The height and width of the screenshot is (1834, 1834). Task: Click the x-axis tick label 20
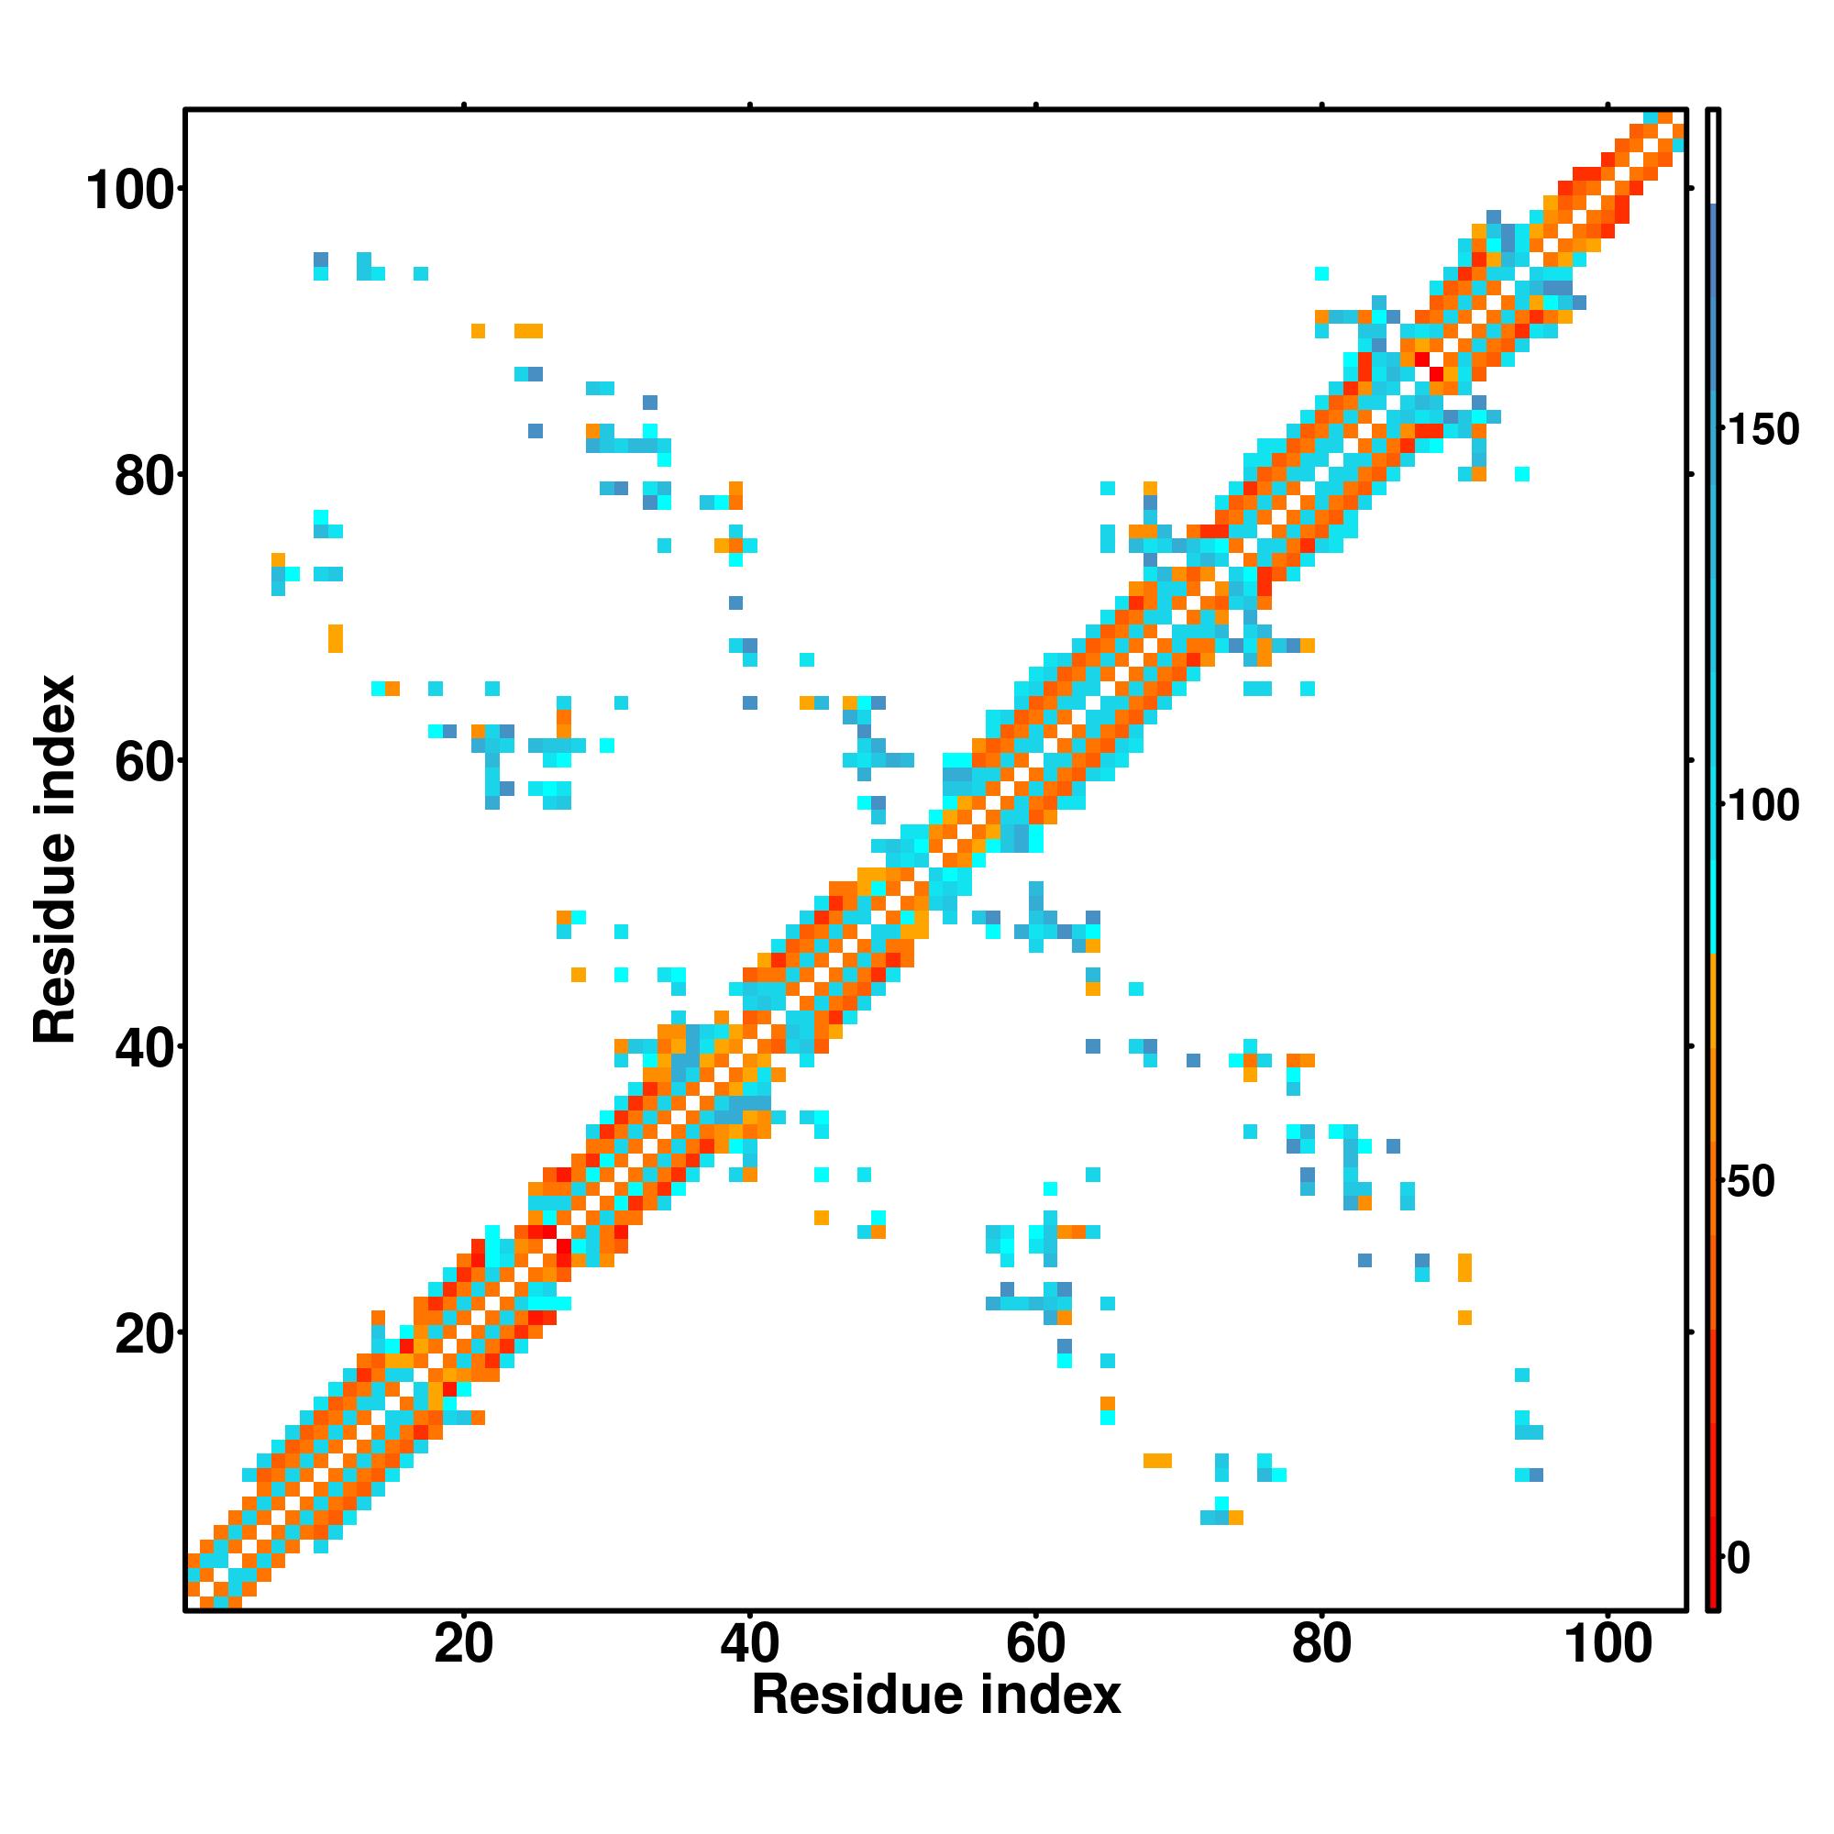tap(463, 1643)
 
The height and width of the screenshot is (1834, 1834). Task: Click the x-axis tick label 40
tap(749, 1643)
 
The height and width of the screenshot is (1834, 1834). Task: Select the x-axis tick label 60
tap(1034, 1643)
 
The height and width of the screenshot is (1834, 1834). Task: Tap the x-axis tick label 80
tap(1320, 1643)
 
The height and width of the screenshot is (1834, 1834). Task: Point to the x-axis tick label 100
tap(1608, 1643)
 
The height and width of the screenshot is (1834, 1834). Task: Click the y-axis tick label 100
tap(132, 191)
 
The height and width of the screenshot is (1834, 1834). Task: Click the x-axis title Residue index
tap(936, 1696)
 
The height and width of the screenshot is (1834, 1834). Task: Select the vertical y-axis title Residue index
tap(54, 859)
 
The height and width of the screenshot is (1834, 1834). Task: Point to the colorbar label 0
tap(1739, 1558)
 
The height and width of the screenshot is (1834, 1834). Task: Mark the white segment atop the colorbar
tap(1714, 157)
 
